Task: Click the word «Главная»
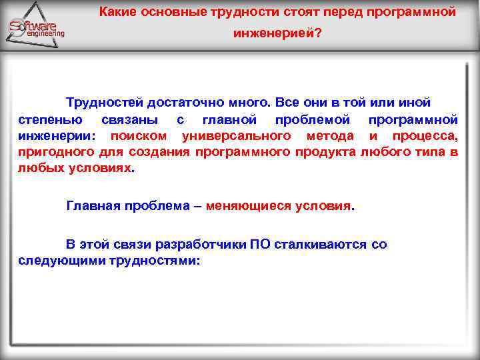pos(95,205)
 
